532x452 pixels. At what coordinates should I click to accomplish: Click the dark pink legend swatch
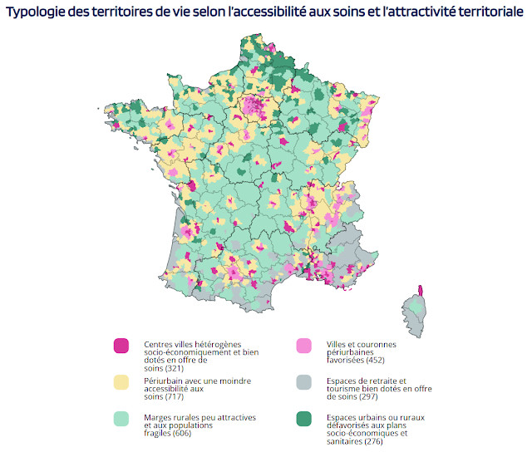point(121,345)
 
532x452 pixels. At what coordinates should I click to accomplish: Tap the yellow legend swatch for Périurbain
point(121,381)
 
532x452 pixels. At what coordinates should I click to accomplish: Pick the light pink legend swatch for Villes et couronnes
point(305,345)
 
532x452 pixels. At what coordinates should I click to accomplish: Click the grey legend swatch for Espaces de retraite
point(305,381)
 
